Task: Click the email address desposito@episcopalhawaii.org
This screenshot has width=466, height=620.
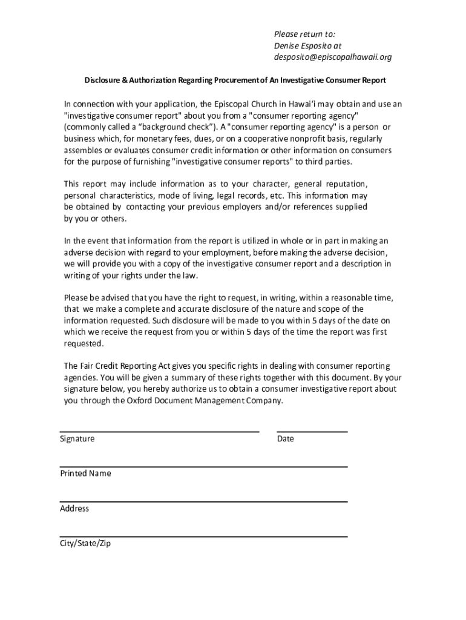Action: (332, 58)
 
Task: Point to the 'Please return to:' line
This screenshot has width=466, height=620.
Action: (304, 34)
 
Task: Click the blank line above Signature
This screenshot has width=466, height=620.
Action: (159, 432)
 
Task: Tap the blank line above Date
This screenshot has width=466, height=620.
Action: (312, 432)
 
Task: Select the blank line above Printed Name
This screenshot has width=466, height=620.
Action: (203, 467)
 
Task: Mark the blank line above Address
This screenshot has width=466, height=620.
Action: (203, 502)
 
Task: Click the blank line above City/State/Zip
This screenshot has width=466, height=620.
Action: (203, 537)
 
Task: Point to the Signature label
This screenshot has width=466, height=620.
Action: (77, 439)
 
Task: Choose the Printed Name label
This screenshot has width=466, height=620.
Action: (85, 473)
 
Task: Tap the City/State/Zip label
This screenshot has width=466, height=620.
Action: (85, 544)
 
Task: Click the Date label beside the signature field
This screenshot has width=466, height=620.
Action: (286, 439)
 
